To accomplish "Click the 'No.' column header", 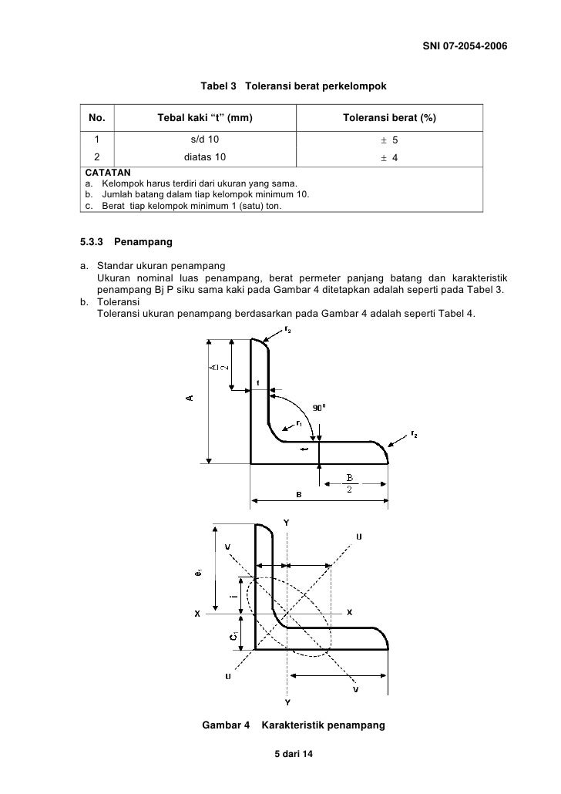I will pyautogui.click(x=97, y=118).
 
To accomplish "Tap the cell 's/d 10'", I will pyautogui.click(x=205, y=140).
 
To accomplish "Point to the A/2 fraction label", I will pyautogui.click(x=219, y=377).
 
